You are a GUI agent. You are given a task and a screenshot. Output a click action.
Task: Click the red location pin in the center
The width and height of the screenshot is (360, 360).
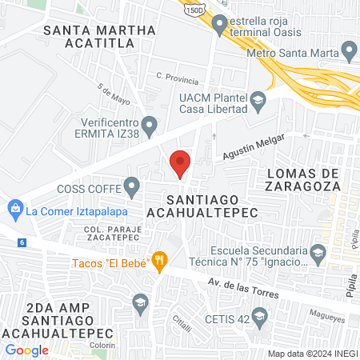180,163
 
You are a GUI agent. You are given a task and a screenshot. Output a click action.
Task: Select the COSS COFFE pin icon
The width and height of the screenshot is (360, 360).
132,188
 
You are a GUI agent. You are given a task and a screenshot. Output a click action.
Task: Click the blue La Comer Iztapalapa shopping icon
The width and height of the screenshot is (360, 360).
14,211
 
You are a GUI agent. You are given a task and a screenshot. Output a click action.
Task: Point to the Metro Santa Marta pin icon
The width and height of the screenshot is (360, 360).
349,54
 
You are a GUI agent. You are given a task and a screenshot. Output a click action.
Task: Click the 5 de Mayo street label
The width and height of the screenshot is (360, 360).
114,96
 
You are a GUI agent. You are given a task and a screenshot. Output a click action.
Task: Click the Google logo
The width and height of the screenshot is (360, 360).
26,350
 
